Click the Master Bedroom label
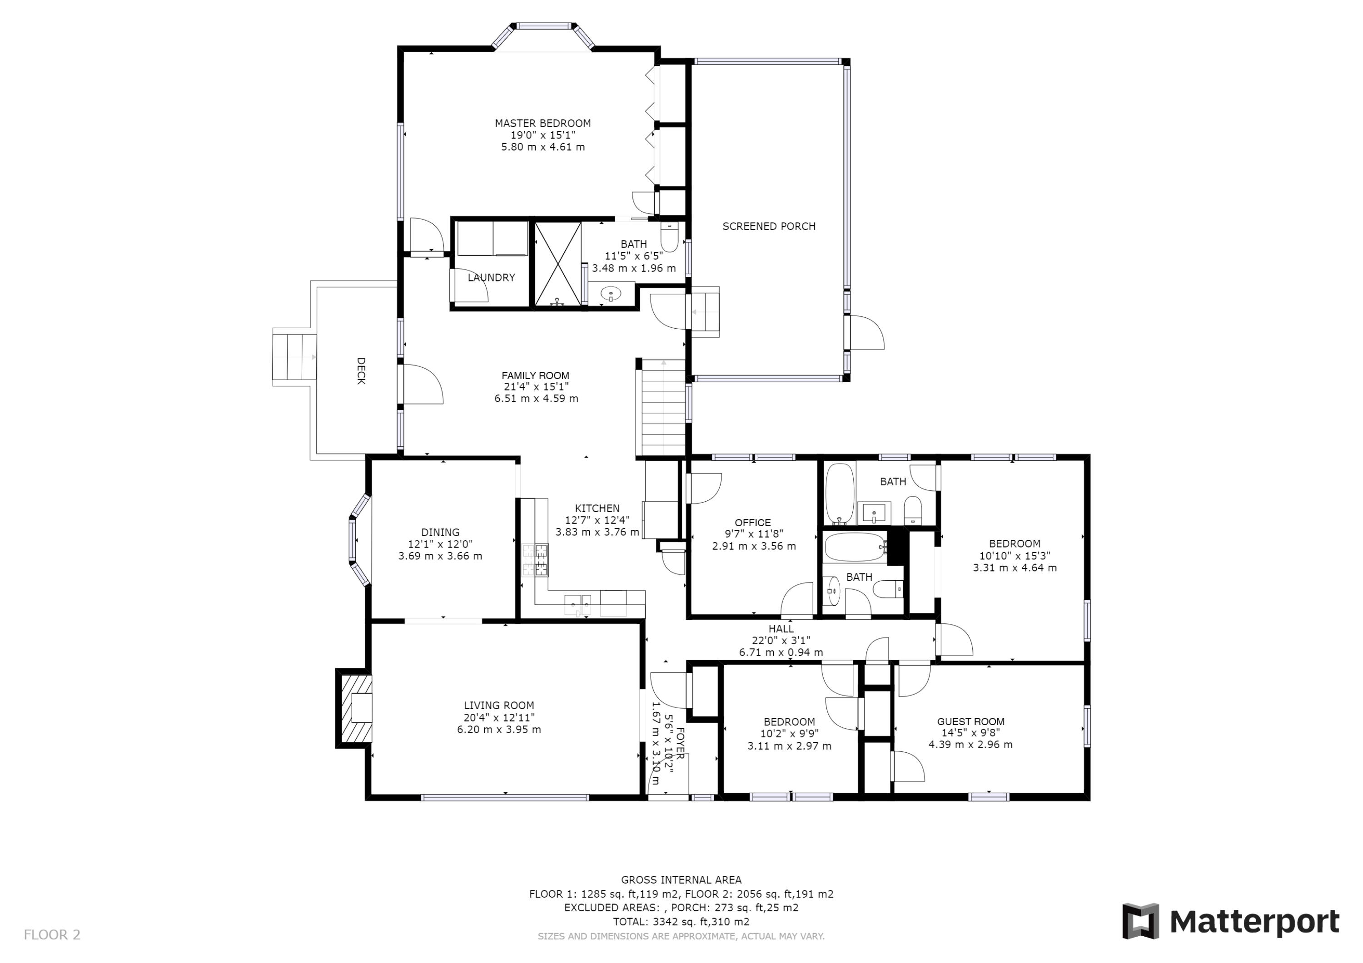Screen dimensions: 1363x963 point(542,123)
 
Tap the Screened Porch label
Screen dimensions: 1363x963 point(769,226)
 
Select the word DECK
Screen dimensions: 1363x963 point(360,371)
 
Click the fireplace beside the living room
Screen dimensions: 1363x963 point(355,708)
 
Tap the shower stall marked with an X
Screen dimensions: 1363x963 point(558,264)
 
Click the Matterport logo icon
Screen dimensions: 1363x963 point(1140,921)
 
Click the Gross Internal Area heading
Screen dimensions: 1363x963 point(681,880)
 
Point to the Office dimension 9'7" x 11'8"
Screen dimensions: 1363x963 point(753,534)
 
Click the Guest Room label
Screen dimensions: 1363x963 point(970,721)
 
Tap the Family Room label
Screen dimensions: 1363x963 point(536,375)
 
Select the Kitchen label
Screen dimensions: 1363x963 point(597,508)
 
